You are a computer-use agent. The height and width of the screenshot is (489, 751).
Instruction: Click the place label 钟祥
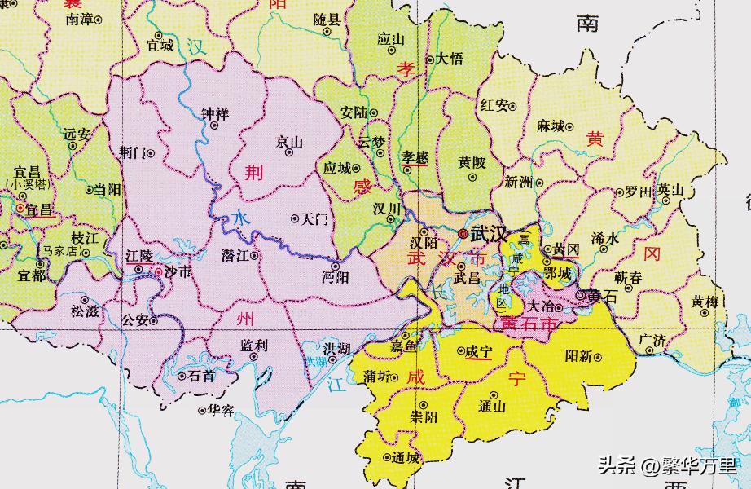click(x=215, y=112)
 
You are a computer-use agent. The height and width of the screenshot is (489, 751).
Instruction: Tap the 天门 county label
click(x=314, y=218)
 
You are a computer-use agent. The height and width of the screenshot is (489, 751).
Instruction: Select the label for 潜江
click(x=235, y=255)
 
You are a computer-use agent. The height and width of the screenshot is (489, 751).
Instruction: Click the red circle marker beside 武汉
click(x=463, y=234)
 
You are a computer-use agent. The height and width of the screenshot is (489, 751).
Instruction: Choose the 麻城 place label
click(x=551, y=126)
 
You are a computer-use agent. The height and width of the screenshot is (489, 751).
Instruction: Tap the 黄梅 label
click(x=705, y=302)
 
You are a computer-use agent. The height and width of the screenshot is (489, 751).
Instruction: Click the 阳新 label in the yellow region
click(x=578, y=356)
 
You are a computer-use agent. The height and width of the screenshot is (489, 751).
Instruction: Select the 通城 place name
click(x=405, y=458)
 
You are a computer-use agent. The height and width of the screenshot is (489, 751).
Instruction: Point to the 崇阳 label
click(x=424, y=416)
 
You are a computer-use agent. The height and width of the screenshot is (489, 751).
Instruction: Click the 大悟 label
click(x=450, y=59)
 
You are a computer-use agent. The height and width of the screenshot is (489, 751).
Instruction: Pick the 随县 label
click(x=327, y=19)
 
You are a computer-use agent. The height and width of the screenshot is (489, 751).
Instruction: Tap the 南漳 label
click(x=79, y=19)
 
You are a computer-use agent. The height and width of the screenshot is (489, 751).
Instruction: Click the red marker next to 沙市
click(x=157, y=271)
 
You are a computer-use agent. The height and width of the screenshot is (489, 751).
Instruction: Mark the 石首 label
click(x=201, y=376)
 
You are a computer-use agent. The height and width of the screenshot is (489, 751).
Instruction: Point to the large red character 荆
click(x=255, y=172)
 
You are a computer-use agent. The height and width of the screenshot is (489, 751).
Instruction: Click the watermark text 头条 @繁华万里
click(x=667, y=466)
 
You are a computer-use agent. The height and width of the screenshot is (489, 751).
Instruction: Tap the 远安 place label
click(x=77, y=134)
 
